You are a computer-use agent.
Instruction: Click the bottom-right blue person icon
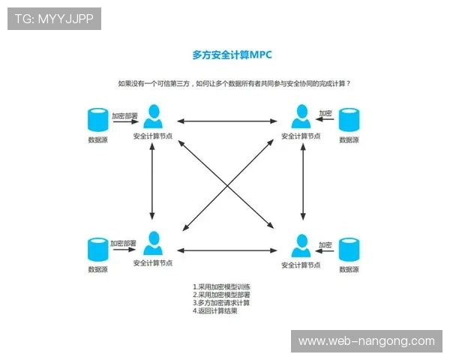[x=301, y=244]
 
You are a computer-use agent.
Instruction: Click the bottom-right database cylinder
[x=349, y=248]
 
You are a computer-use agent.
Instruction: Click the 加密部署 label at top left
[x=124, y=115]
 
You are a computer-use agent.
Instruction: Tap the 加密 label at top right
[x=325, y=113]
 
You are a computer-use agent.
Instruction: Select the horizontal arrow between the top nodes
[x=227, y=121]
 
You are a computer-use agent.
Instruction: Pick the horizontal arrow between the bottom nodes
[x=227, y=250]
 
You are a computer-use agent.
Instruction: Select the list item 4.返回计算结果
[x=215, y=310]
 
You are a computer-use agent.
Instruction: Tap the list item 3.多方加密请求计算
[x=220, y=302]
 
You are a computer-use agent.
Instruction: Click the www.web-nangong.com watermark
[x=366, y=341]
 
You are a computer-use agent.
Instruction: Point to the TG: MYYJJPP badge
[x=53, y=19]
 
